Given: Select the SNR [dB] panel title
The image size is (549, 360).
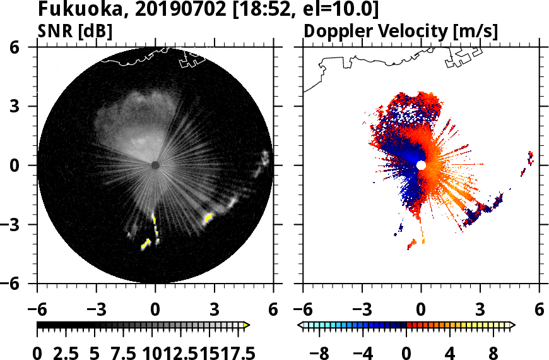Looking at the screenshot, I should coord(75,32).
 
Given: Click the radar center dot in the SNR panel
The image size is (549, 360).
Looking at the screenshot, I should coord(155,165).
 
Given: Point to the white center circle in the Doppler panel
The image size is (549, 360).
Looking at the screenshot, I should coord(421,165).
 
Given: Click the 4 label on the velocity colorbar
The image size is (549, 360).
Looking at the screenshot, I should coord(450,352).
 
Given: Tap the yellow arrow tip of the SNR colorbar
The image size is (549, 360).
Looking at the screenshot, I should coord(247,325).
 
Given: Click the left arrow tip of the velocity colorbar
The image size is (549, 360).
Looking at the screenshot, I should coord(300,325).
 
